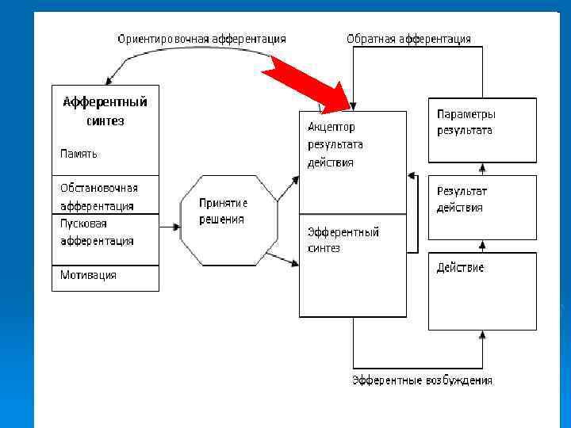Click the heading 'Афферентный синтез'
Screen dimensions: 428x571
click(x=105, y=111)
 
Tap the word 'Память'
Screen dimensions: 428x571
click(x=79, y=154)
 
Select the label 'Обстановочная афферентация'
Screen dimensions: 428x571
click(x=98, y=197)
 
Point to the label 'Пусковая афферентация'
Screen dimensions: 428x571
click(x=97, y=232)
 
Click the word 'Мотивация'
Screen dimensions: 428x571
click(x=89, y=275)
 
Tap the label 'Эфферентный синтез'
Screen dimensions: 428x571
click(x=343, y=239)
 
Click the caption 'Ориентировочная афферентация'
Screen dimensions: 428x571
click(x=201, y=39)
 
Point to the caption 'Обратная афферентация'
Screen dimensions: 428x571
click(x=408, y=39)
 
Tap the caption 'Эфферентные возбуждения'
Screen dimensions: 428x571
click(x=422, y=380)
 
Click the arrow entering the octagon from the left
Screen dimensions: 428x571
click(x=169, y=227)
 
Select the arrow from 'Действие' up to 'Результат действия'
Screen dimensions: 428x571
click(x=482, y=246)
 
